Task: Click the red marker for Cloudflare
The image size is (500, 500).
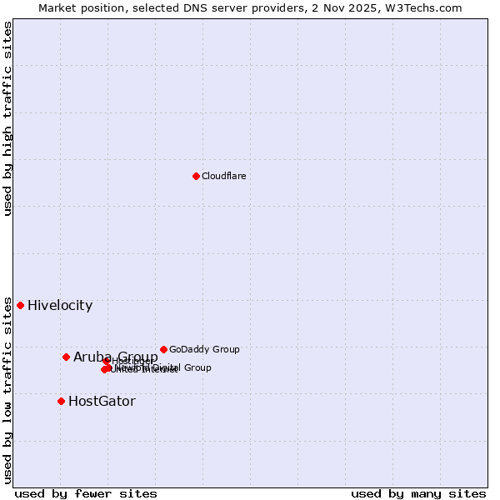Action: coord(196,176)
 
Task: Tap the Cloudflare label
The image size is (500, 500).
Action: coord(223,177)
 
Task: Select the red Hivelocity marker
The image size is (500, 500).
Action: coord(20,305)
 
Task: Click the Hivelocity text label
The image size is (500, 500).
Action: coord(60,306)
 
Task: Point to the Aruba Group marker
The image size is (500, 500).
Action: coord(66,357)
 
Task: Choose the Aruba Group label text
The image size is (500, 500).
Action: coord(115,357)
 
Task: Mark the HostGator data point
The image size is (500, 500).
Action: coord(61,401)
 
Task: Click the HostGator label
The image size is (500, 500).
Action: coord(102,402)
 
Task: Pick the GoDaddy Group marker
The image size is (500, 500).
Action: coord(163,349)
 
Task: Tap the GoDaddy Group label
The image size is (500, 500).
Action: coord(204,350)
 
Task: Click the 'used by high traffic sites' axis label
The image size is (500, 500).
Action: coord(7,118)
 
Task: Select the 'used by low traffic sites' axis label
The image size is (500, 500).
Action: coord(7,389)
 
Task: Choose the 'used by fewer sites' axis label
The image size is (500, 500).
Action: coord(86,494)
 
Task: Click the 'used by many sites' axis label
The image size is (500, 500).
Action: coord(418,494)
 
